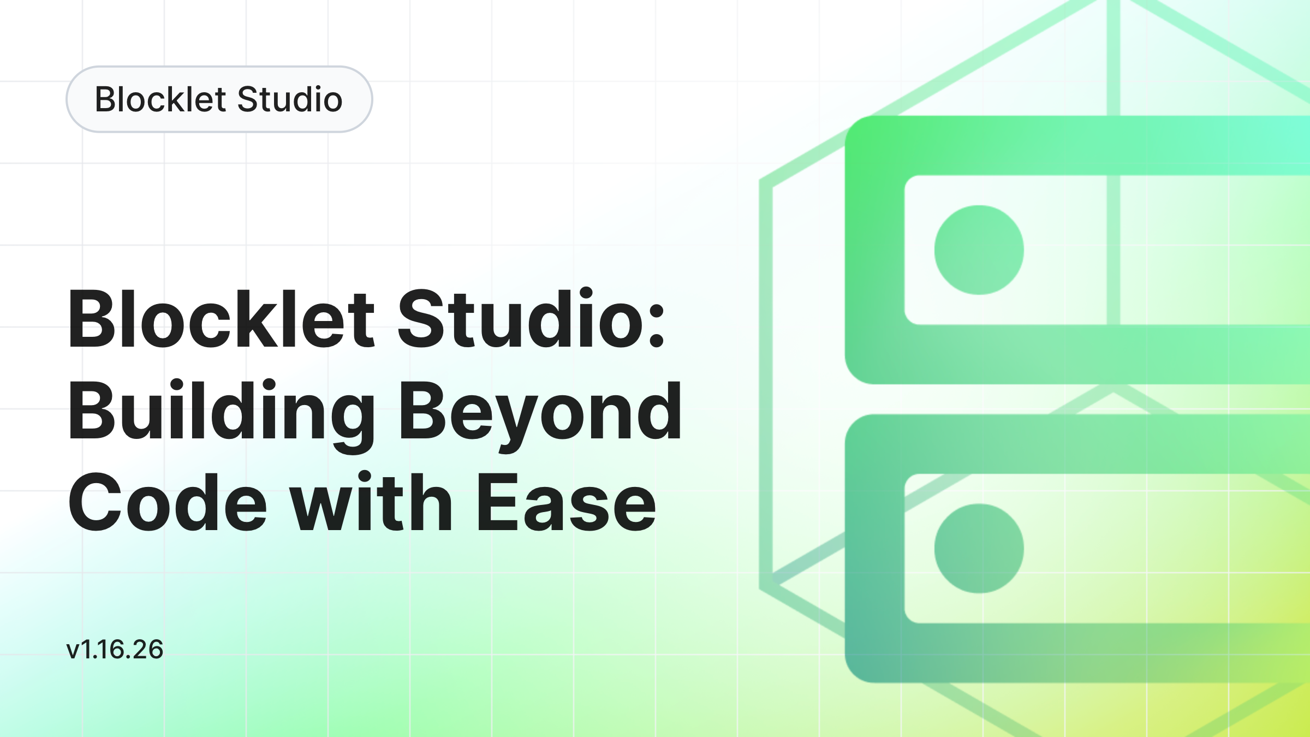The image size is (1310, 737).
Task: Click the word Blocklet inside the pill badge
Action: click(x=160, y=99)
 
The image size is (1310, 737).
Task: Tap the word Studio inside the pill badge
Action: click(x=290, y=99)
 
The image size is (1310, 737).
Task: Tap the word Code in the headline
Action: click(x=168, y=502)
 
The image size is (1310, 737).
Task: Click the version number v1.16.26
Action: click(x=115, y=650)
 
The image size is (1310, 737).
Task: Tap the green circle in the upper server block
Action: click(x=979, y=250)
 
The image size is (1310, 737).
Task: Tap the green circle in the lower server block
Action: click(x=979, y=549)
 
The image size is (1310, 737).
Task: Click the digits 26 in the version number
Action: click(x=148, y=650)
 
